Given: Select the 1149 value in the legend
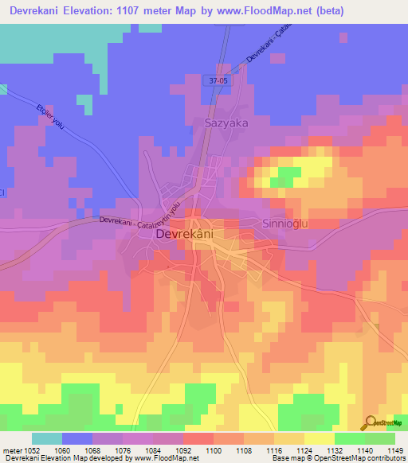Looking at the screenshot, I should click(395, 450).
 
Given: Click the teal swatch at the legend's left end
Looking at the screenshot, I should click(47, 438).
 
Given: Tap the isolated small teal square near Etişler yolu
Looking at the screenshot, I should click(84, 101).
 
